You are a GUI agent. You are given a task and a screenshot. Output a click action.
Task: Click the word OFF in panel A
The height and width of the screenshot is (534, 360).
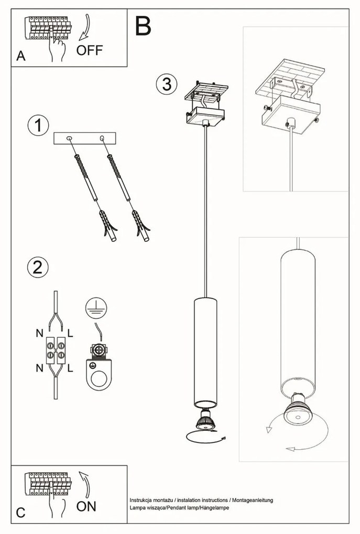(90, 51)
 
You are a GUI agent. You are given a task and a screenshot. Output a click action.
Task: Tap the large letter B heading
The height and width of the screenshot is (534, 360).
(144, 26)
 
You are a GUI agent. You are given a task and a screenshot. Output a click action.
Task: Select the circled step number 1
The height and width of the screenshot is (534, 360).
(38, 126)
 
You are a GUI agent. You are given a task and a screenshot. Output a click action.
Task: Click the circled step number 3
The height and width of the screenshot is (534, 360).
(167, 84)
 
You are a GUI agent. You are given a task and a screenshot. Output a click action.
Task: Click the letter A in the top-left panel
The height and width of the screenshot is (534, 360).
(20, 57)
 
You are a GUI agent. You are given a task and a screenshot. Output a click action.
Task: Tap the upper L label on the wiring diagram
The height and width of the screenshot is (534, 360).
(70, 332)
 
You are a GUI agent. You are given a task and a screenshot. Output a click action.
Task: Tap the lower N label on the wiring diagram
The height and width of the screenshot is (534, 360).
(39, 368)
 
